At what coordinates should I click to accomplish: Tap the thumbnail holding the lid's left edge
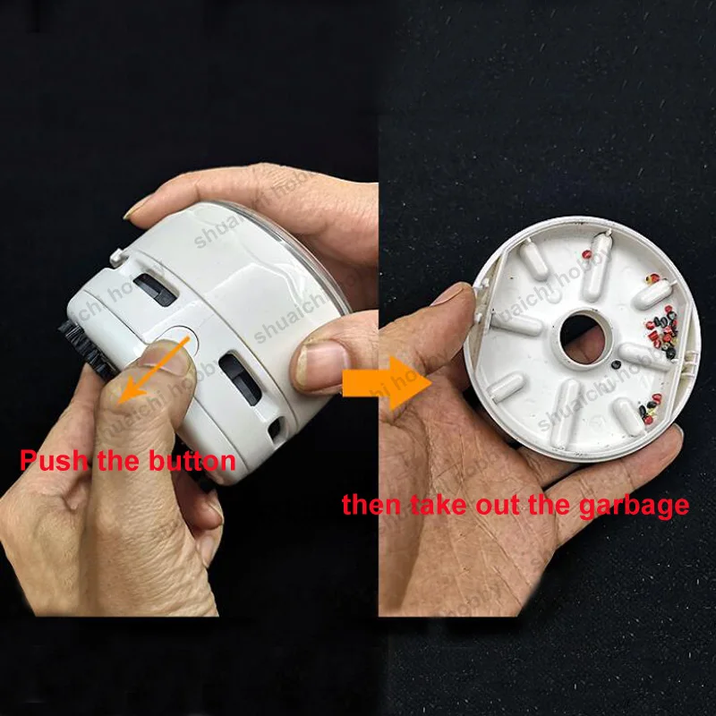point(453,295)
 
